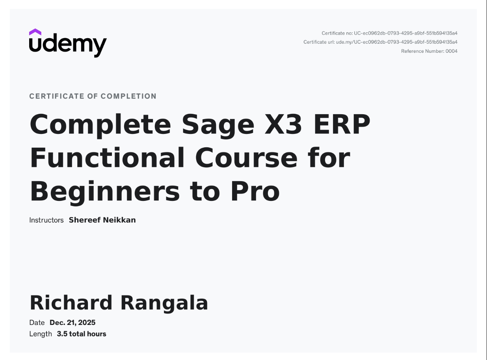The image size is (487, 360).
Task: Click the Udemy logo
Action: [68, 44]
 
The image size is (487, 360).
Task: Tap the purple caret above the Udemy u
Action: [35, 32]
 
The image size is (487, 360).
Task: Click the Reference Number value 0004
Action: [452, 51]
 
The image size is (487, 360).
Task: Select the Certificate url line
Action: [380, 42]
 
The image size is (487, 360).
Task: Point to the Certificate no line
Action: [389, 33]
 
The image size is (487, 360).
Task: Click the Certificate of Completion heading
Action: [93, 96]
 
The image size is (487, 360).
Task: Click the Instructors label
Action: [46, 220]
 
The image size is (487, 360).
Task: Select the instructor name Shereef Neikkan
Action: [102, 220]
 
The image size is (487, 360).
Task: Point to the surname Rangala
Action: [164, 303]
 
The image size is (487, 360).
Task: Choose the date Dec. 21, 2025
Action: [72, 323]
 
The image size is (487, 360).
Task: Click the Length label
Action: [40, 334]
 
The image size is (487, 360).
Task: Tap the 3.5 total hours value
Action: [82, 334]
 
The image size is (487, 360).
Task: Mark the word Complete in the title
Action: [100, 125]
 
